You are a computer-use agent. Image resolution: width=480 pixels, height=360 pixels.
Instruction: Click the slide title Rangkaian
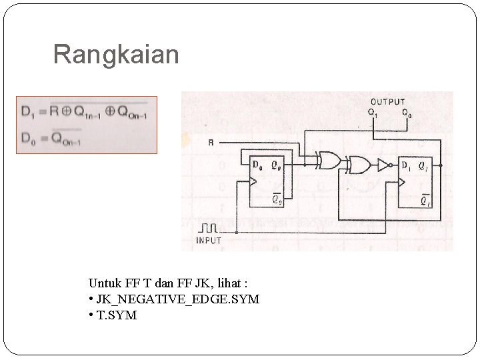[x=116, y=55]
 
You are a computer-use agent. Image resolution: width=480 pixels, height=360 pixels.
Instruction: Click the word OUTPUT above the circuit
[x=387, y=102]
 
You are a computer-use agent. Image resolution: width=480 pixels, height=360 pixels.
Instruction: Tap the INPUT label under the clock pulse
[x=209, y=240]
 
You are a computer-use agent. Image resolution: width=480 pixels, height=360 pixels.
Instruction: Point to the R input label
[x=211, y=141]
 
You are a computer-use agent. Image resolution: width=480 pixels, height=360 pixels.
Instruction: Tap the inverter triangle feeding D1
[x=383, y=165]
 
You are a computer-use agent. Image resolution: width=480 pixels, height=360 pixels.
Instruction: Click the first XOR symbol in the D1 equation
[x=65, y=111]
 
